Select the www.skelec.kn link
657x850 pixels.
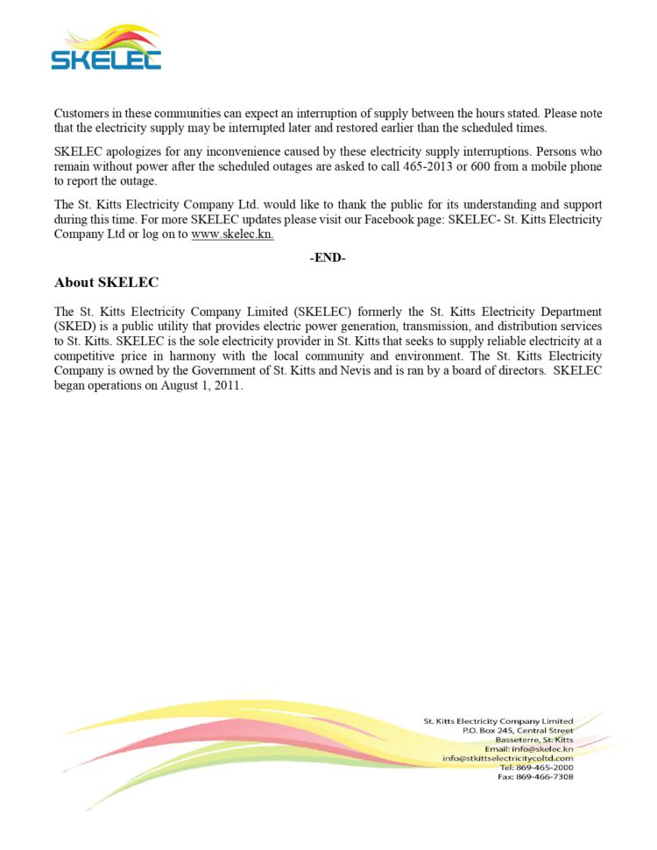point(232,235)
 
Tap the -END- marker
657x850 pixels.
point(328,258)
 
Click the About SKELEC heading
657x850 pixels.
point(106,283)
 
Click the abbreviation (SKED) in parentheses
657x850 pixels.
point(74,326)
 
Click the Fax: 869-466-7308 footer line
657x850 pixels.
point(536,776)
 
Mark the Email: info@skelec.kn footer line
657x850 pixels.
point(529,748)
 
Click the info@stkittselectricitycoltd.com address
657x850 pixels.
point(508,758)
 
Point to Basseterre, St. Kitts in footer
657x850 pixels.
point(534,740)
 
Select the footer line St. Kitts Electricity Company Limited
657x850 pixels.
point(498,721)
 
